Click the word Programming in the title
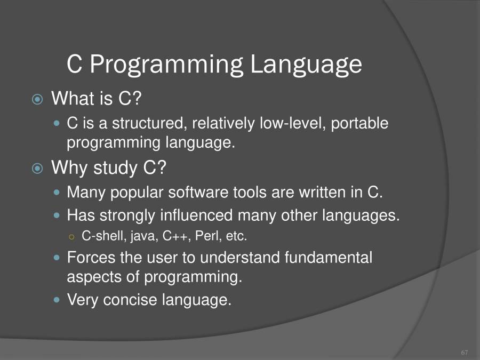tap(166, 65)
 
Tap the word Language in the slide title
tap(306, 65)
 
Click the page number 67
tap(464, 353)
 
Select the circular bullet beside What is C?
tap(37, 99)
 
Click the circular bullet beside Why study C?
tap(37, 169)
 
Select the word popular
tap(134, 193)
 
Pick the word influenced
tap(196, 216)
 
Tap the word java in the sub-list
tap(143, 236)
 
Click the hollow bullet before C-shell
tap(73, 236)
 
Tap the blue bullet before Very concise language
tap(58, 300)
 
